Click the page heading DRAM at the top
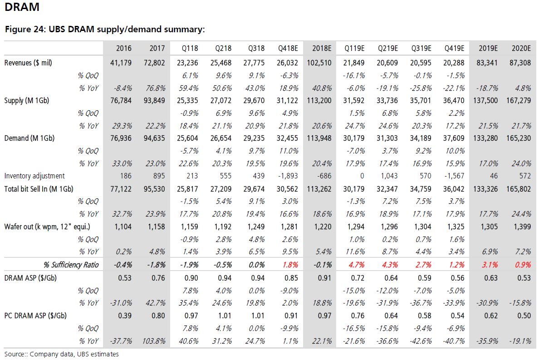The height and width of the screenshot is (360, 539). click(x=22, y=7)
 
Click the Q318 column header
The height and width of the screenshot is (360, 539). click(x=256, y=48)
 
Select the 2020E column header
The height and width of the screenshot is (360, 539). click(x=521, y=48)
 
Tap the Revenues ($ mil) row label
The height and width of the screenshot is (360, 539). click(x=28, y=63)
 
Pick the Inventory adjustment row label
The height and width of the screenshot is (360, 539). click(x=34, y=176)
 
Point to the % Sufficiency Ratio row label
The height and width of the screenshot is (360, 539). click(x=71, y=265)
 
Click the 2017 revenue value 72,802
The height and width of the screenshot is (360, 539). click(x=154, y=63)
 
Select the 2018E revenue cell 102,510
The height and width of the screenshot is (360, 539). click(x=319, y=63)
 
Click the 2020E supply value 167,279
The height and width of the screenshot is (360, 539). click(x=519, y=101)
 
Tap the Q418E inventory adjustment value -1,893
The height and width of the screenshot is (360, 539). click(x=288, y=176)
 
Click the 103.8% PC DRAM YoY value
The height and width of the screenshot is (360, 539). click(x=154, y=341)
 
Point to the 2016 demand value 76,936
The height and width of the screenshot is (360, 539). click(x=121, y=138)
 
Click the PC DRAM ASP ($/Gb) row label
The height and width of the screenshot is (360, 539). click(x=35, y=316)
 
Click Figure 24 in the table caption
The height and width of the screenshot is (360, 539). click(x=24, y=29)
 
